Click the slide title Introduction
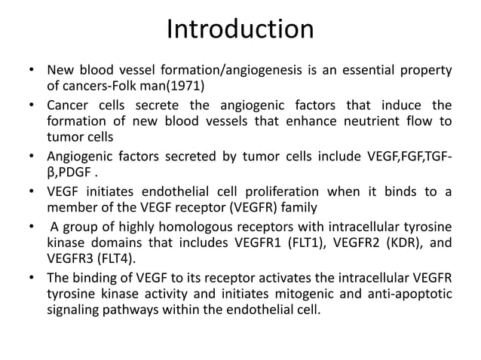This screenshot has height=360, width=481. [240, 30]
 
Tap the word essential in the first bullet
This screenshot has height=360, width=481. [354, 71]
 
